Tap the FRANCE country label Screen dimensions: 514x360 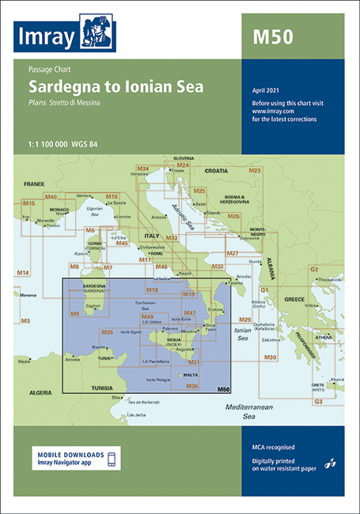(x=32, y=183)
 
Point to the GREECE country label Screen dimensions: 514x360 (x=294, y=299)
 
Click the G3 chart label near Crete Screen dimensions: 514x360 (x=318, y=402)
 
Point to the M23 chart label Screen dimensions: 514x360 (x=255, y=170)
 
